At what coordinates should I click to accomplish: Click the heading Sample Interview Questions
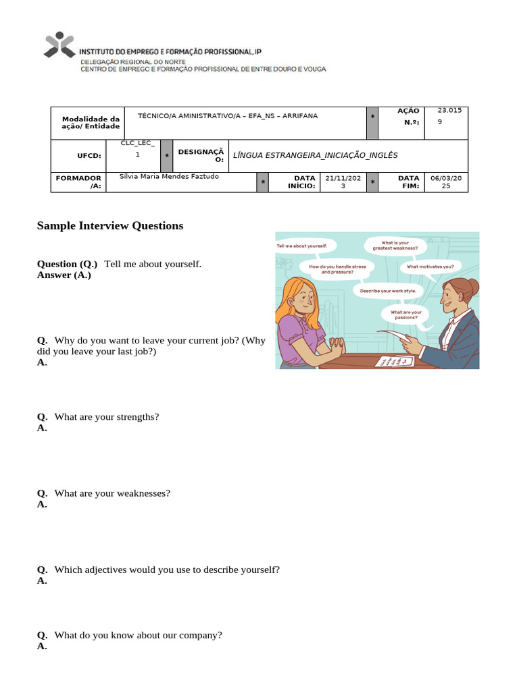coord(109,226)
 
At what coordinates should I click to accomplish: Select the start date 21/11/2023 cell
coord(343,182)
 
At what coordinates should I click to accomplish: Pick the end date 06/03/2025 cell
coord(446,182)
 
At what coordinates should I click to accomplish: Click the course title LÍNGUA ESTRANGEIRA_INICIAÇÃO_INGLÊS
coord(315,155)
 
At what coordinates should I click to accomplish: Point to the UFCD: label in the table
coord(89,155)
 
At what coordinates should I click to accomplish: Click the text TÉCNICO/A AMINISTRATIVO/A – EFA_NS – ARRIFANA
coord(228,116)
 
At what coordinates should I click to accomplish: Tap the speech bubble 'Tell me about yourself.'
coord(301,246)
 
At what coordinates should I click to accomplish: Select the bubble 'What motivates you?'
coord(430,267)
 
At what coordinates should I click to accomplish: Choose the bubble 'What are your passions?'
coord(405,314)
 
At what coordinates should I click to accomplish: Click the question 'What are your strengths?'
coord(106,417)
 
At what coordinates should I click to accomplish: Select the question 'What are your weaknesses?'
coord(112,493)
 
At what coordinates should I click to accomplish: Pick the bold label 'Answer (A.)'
coord(64,275)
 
